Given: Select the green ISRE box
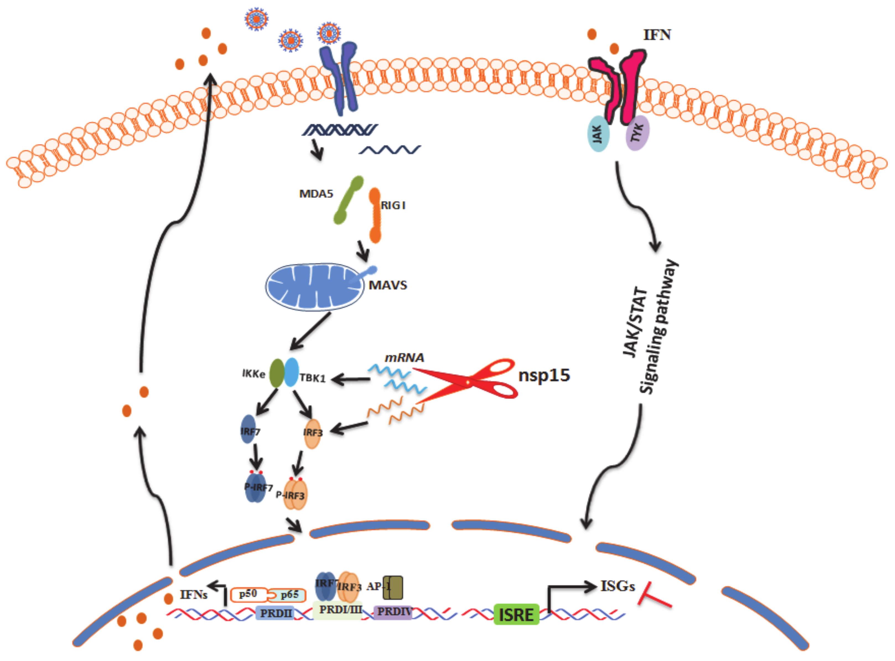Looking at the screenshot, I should click(x=516, y=614).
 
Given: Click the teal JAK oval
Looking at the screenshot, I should click(x=598, y=134).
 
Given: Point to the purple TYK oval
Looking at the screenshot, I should click(x=637, y=133).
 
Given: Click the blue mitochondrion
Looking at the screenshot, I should click(x=314, y=287).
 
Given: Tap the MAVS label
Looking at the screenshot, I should click(x=388, y=285).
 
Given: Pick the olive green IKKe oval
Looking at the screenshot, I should click(x=276, y=373).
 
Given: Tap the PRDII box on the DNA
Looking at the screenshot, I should click(x=275, y=613).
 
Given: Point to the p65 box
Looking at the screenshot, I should click(x=289, y=595).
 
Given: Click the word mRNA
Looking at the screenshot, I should click(x=404, y=357).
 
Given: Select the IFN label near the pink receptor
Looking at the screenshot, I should click(x=657, y=35).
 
